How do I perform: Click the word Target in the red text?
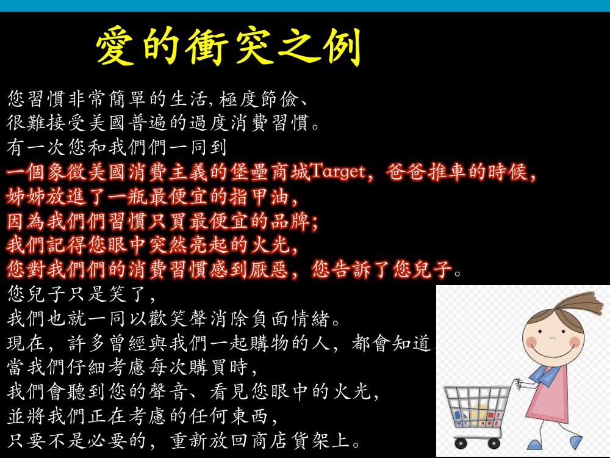coord(338,172)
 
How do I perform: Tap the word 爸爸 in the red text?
coord(406,172)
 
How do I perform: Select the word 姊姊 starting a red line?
coord(26,196)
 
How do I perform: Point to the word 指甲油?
coord(258,196)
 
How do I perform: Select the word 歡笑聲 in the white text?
coord(178,319)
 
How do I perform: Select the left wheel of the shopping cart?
coord(460,443)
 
